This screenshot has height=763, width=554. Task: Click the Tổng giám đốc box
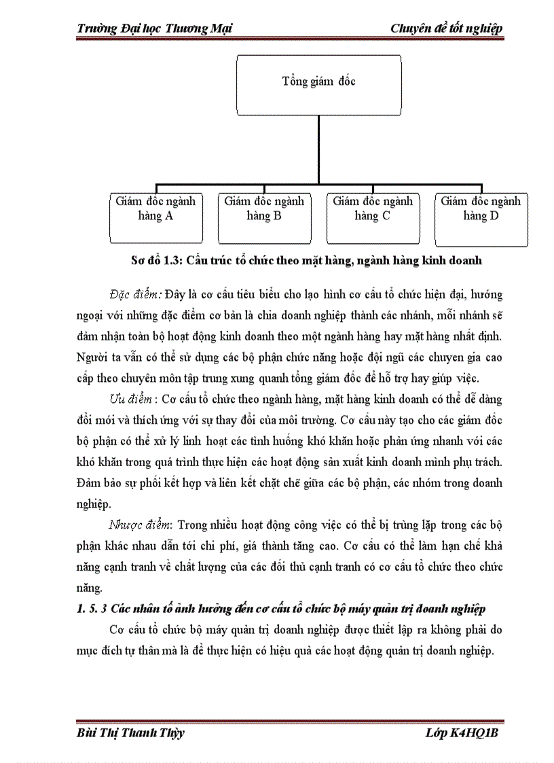click(318, 85)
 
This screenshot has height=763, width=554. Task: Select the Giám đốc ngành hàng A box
click(155, 217)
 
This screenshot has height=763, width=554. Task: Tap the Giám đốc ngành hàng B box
click(264, 217)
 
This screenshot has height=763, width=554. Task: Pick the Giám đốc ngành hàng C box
click(373, 217)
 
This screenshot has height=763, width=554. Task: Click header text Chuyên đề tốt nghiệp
click(446, 28)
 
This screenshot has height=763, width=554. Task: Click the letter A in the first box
click(168, 216)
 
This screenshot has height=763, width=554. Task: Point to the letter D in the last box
click(494, 216)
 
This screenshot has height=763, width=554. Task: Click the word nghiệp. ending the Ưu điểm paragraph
click(92, 503)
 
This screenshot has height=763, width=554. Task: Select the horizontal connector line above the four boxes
click(318, 185)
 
